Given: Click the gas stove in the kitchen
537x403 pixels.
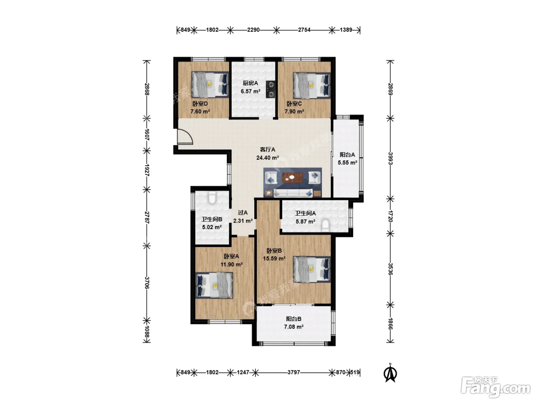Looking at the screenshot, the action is pyautogui.click(x=271, y=89).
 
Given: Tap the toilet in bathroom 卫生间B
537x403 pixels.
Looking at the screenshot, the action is pyautogui.click(x=212, y=198).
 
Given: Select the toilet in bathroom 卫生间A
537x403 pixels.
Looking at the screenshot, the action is pyautogui.click(x=325, y=225).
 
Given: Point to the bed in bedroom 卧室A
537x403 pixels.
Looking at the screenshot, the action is pyautogui.click(x=214, y=285).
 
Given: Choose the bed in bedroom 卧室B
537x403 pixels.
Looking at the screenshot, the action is pyautogui.click(x=312, y=269).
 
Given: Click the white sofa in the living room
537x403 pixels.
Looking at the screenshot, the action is pyautogui.click(x=293, y=193).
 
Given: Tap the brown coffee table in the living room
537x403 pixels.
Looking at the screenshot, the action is pyautogui.click(x=293, y=178).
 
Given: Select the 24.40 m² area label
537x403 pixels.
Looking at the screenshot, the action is pyautogui.click(x=268, y=158).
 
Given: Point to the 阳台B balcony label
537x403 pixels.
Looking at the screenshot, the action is pyautogui.click(x=293, y=319).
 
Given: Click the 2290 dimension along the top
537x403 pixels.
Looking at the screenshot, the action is pyautogui.click(x=253, y=30).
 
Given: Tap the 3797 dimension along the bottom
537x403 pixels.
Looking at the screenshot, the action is pyautogui.click(x=293, y=372).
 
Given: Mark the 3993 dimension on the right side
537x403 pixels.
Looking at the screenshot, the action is pyautogui.click(x=390, y=158).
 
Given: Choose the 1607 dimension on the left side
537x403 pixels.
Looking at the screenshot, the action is pyautogui.click(x=147, y=135).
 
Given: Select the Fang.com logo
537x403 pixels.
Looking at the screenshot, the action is pyautogui.click(x=496, y=388).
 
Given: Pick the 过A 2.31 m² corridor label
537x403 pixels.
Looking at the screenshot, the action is pyautogui.click(x=243, y=217).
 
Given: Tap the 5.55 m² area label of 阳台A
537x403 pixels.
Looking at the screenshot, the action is pyautogui.click(x=348, y=162).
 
